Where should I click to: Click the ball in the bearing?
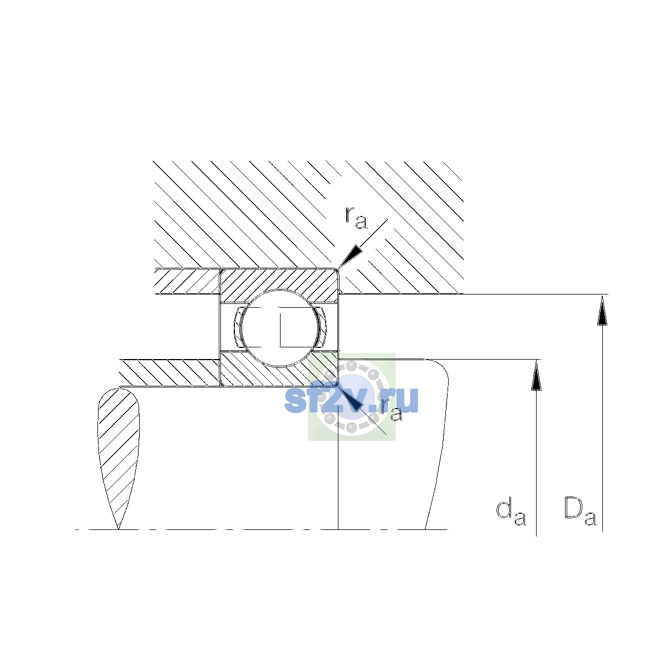(x=279, y=328)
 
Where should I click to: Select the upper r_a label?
(x=356, y=218)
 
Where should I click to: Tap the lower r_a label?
(x=391, y=410)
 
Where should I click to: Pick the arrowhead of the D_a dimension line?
(x=602, y=310)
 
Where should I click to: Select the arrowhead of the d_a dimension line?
(x=536, y=375)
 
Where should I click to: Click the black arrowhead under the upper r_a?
(x=350, y=257)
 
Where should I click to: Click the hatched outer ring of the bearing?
(x=279, y=280)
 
